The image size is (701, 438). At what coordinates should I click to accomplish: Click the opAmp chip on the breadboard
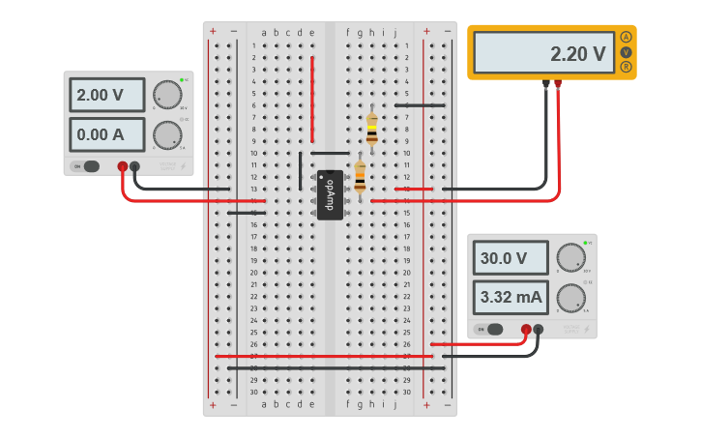point(329,194)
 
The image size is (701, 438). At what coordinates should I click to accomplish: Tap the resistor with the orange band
point(361,177)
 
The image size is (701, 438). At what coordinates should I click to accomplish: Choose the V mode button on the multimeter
point(627,51)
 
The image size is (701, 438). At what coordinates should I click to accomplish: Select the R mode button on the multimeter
point(627,67)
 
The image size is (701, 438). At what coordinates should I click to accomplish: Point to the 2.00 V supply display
point(106,96)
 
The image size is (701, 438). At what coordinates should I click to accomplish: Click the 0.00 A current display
point(106,134)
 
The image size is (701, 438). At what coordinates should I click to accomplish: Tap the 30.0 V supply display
point(510,258)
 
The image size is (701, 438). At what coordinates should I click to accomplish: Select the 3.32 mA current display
point(510,297)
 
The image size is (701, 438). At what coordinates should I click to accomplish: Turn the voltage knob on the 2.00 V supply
point(166,95)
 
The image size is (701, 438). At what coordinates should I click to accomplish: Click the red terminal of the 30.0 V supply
point(526,330)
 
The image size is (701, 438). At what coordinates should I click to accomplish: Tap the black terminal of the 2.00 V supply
point(134,166)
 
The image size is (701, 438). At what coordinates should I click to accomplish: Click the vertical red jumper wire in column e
point(312,97)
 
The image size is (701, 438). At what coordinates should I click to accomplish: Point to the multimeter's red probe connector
point(558,84)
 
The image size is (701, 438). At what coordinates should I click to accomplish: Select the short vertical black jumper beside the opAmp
point(301,170)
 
